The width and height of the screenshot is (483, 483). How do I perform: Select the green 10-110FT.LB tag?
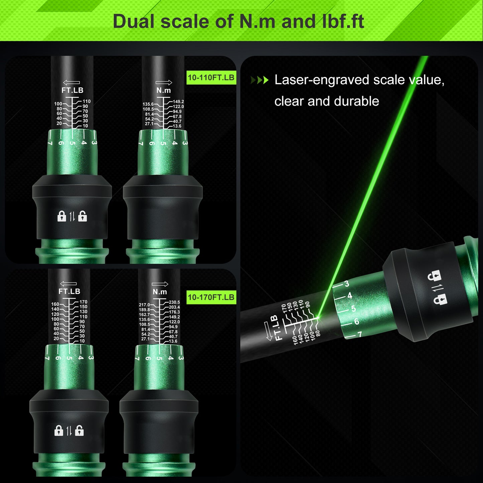(x=211, y=78)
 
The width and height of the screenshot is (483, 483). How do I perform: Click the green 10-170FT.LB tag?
(x=211, y=297)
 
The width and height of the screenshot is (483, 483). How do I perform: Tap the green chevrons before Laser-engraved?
(x=259, y=80)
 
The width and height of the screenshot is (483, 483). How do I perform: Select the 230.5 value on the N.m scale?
(x=174, y=302)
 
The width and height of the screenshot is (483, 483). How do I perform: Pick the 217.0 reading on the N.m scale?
(x=144, y=305)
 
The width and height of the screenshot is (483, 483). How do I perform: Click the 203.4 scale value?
(x=174, y=307)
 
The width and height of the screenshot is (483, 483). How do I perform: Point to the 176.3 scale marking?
(x=174, y=312)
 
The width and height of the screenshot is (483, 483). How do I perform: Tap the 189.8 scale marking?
(x=144, y=310)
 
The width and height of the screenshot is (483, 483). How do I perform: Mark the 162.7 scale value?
(x=144, y=315)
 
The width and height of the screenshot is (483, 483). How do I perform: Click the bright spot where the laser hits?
(x=318, y=318)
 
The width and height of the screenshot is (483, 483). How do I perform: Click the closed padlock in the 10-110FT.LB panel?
(x=62, y=216)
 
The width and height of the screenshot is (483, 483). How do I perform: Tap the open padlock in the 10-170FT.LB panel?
(x=80, y=431)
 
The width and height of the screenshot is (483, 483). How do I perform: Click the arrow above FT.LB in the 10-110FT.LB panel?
(x=72, y=83)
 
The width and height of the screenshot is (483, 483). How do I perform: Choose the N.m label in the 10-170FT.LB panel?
(x=160, y=292)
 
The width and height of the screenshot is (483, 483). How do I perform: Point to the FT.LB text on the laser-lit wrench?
(x=277, y=328)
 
